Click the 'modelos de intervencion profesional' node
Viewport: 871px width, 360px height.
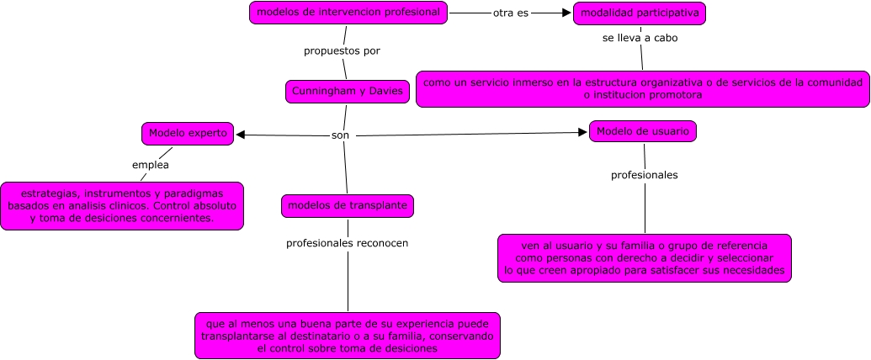348,13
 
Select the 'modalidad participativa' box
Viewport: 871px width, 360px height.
640,13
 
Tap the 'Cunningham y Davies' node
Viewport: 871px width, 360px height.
348,91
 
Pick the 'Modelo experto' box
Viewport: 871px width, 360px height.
188,133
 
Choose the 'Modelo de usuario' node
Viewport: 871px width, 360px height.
644,131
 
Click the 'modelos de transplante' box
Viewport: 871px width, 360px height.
348,205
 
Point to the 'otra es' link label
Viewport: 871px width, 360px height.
511,13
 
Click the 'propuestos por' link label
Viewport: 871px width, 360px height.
342,50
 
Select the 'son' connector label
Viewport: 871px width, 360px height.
340,135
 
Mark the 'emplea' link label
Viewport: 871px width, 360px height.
151,165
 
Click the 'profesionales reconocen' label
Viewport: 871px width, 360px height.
347,243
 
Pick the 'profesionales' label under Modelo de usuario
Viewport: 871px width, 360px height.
644,175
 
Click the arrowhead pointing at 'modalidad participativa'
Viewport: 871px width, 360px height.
566,13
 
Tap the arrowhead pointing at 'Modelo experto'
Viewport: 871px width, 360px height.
241,135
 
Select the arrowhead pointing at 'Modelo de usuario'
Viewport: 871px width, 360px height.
582,132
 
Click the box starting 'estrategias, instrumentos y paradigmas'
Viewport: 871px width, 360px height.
122,205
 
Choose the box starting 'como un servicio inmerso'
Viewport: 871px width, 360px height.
643,88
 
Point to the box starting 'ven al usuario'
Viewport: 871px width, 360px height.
644,257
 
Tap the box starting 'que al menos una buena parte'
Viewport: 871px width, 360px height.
348,335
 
